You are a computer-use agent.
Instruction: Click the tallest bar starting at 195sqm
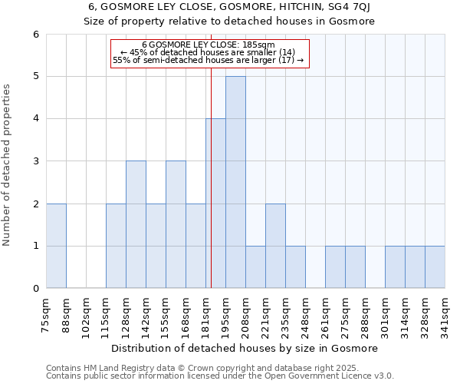pos(235,182)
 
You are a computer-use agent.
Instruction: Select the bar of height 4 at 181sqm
pos(215,204)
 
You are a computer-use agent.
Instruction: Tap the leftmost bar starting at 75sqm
pos(56,246)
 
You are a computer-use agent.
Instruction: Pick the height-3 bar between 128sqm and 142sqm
pos(136,224)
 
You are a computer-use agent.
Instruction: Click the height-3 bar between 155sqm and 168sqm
pos(176,224)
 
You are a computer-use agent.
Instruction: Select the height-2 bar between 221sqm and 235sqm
pos(275,246)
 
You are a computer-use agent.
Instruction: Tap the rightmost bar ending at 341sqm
pos(435,267)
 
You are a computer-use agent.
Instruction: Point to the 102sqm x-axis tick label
pos(86,312)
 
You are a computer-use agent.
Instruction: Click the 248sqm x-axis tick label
pos(305,312)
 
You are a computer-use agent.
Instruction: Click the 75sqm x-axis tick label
pos(46,312)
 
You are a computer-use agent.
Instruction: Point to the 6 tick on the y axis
pos(35,34)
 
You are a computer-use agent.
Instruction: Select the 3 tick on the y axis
pos(35,161)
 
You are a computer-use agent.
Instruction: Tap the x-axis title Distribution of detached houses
pos(245,348)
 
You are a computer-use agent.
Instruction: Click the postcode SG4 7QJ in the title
pos(343,7)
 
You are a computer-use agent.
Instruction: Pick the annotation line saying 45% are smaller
pos(208,52)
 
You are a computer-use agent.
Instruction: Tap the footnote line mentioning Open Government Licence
pos(220,376)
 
